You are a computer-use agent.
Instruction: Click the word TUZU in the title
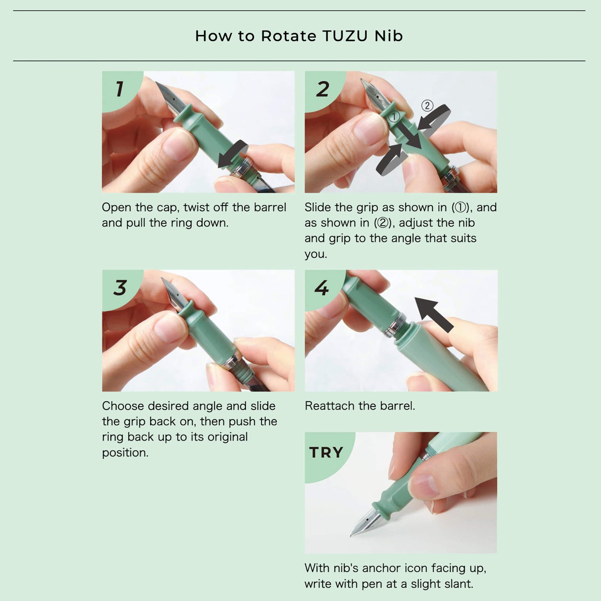(345, 36)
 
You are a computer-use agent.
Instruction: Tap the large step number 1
(120, 89)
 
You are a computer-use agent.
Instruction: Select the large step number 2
(322, 89)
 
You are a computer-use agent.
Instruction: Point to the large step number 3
(120, 287)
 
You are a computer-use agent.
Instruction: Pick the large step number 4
(322, 287)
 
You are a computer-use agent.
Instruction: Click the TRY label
(326, 452)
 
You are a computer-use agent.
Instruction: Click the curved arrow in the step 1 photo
(233, 153)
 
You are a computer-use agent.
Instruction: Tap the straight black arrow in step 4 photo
(434, 314)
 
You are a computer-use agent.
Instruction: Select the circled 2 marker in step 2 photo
(427, 106)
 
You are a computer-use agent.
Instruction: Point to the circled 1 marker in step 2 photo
(394, 116)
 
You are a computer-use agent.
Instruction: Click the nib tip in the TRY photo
(351, 536)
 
